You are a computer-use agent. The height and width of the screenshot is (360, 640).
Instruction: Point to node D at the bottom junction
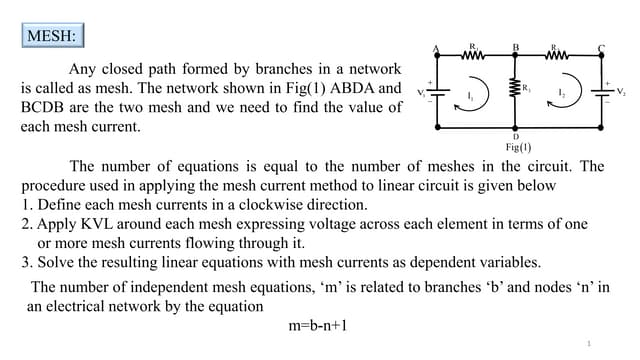[x=516, y=129]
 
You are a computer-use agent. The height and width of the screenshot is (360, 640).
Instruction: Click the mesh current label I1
[x=471, y=97]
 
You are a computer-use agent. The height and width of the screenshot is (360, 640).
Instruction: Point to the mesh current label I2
[x=563, y=96]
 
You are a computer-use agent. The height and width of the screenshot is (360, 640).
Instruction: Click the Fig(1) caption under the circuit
[x=518, y=147]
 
